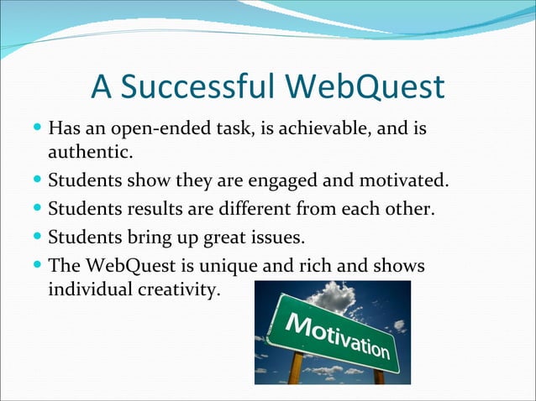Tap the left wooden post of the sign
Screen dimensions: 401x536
[295, 368]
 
